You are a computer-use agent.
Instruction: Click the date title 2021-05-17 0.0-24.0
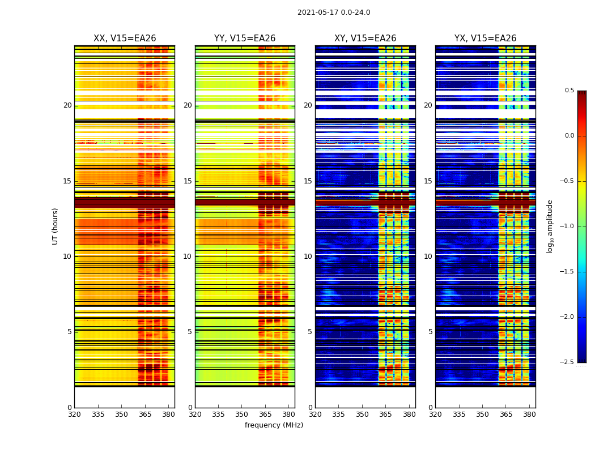click(x=334, y=12)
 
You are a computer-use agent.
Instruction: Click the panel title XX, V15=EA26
click(x=125, y=39)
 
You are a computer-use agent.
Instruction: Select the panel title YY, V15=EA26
click(x=245, y=39)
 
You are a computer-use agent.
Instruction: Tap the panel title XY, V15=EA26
click(x=365, y=39)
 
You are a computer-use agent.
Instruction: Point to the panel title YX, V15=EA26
click(x=485, y=39)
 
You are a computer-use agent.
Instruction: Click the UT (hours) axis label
click(x=55, y=226)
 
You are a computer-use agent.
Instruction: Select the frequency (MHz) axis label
click(x=274, y=425)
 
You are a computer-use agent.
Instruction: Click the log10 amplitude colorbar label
click(x=550, y=226)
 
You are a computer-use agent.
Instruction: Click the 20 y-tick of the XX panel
click(x=67, y=105)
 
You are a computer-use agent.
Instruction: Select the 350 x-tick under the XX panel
click(x=121, y=414)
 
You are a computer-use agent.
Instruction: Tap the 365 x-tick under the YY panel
click(x=265, y=414)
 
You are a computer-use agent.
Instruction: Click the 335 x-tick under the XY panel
click(x=338, y=414)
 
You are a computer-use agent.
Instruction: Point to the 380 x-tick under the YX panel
click(x=529, y=414)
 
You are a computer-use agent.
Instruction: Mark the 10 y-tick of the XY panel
click(x=308, y=257)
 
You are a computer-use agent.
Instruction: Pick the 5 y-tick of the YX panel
click(x=430, y=332)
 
